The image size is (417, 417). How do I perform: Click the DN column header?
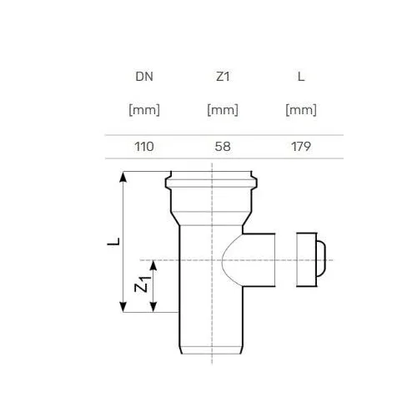pos(144,77)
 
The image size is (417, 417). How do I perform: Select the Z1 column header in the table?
pos(223,77)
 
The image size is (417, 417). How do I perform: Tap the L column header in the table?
pos(301,77)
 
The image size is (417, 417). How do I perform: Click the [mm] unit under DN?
pos(144,110)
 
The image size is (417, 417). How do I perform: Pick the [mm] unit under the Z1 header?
pos(223,110)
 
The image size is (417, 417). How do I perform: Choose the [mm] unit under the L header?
pos(301,110)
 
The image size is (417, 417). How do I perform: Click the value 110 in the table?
pos(144,147)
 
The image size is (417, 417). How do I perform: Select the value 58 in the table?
pos(223,147)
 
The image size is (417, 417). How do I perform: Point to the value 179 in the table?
pos(301,147)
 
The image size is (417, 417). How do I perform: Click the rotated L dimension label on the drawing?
pos(113,242)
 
